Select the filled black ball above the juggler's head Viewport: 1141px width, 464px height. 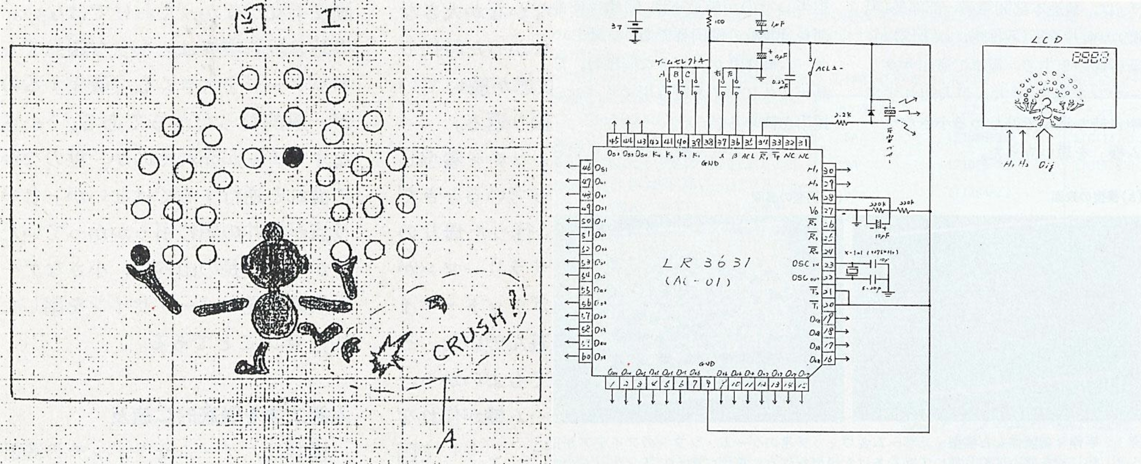(x=293, y=156)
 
